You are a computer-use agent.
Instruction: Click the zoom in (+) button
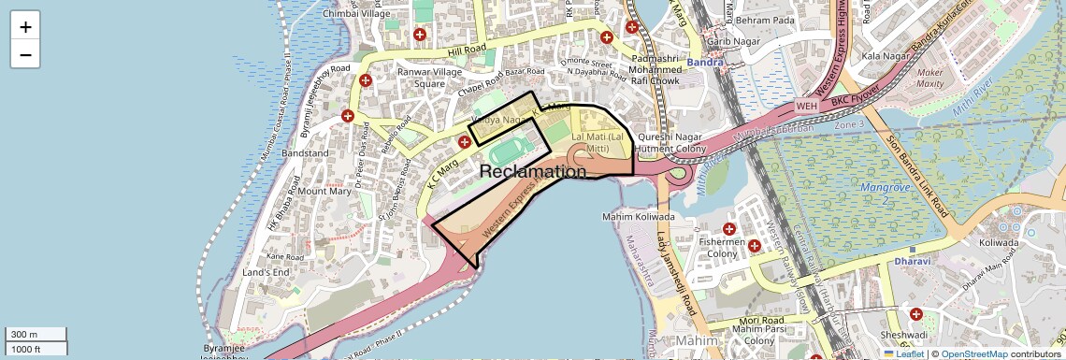[25, 27]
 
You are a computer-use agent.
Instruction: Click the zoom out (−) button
[25, 54]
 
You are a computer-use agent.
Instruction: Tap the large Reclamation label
[533, 172]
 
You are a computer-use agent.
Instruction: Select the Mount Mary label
[324, 191]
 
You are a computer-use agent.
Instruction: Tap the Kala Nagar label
[885, 57]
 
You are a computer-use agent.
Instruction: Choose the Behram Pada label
[765, 20]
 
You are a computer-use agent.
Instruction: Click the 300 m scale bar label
[22, 335]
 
